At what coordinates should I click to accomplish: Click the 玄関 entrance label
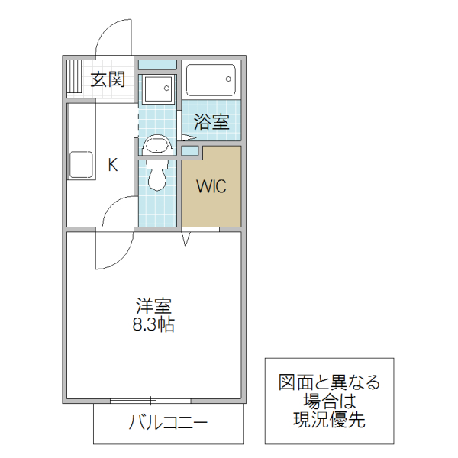click(108, 79)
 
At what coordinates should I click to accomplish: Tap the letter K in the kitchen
click(112, 164)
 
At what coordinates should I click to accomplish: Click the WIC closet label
click(211, 187)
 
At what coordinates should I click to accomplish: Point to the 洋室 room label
click(153, 307)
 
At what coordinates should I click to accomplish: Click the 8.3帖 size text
click(153, 325)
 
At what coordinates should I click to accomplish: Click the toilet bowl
click(158, 177)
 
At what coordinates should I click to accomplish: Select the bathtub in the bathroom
click(211, 81)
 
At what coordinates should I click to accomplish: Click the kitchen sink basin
click(81, 166)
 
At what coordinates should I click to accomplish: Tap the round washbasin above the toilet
click(157, 145)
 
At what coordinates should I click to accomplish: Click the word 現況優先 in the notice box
click(329, 418)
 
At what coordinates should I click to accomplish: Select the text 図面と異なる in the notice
click(329, 382)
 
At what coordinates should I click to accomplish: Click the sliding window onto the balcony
click(151, 401)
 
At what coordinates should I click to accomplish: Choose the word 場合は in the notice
click(329, 400)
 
